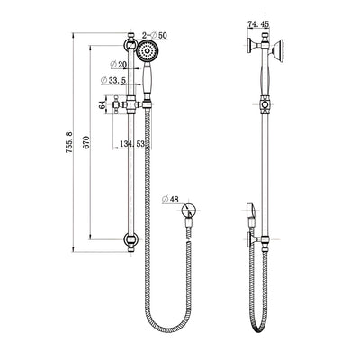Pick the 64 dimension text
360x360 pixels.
(103, 105)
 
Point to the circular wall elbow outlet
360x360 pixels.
(188, 214)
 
